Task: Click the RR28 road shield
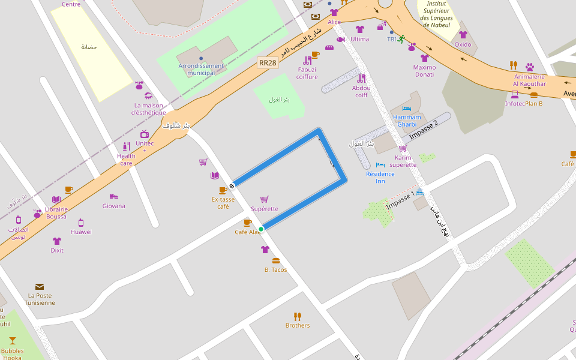[268, 62]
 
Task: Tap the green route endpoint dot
[261, 229]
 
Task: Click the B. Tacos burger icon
[276, 261]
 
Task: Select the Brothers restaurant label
[298, 325]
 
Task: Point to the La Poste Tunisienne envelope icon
[40, 287]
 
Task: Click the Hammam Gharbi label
[407, 121]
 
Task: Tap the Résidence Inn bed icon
[380, 165]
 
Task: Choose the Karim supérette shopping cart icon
[403, 148]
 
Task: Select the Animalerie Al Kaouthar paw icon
[530, 67]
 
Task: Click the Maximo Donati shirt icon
[425, 58]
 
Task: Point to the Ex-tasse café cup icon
[223, 190]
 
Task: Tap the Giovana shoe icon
[114, 196]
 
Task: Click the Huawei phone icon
[81, 223]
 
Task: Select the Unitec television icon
[145, 134]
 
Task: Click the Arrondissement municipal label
[201, 69]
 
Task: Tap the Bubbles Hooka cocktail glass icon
[13, 341]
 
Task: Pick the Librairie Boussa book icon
[56, 200]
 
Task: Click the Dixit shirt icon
[57, 241]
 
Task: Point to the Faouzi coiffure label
[307, 73]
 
